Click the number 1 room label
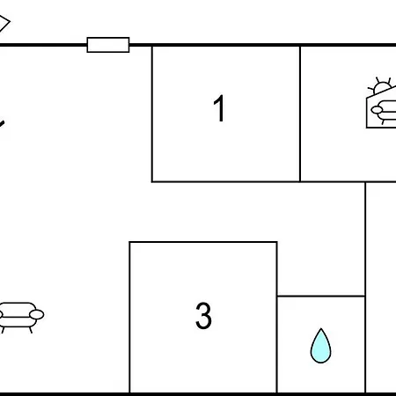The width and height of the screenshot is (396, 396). click(219, 108)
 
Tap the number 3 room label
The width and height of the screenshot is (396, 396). click(203, 316)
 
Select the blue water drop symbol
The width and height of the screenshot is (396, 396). click(320, 346)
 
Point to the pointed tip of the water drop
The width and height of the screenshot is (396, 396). click(321, 328)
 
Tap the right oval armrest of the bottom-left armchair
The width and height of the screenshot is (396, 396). click(37, 315)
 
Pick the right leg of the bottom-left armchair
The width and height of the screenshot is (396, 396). click(30, 330)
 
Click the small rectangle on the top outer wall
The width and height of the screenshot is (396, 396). click(108, 45)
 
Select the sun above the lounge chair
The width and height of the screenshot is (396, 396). click(381, 86)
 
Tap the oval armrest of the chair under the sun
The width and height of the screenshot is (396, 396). click(377, 110)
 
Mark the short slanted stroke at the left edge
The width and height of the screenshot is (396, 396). click(2, 123)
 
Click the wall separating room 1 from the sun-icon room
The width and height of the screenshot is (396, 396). click(300, 114)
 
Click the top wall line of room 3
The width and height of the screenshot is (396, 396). click(203, 242)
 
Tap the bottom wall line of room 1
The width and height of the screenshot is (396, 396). click(226, 182)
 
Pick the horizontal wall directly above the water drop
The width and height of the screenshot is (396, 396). click(321, 296)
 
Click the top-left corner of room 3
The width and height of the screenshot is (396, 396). click(129, 242)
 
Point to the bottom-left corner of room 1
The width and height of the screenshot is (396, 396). click(152, 182)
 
